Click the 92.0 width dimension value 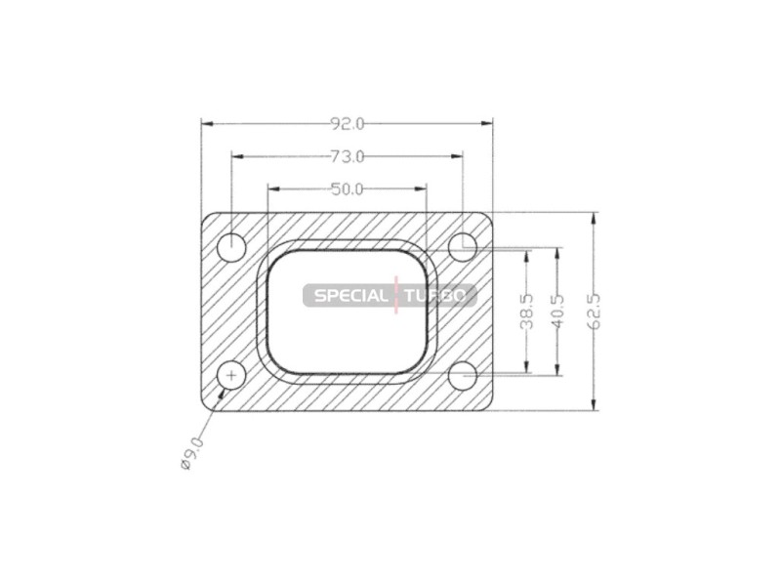tap(348, 124)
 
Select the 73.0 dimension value tap(348, 157)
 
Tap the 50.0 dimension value tap(348, 189)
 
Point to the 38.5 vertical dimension tap(526, 312)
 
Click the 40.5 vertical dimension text tap(558, 312)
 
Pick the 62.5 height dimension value tap(595, 312)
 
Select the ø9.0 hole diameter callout tap(191, 453)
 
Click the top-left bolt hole tap(232, 247)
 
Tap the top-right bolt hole tap(463, 247)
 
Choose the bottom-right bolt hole tap(463, 376)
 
